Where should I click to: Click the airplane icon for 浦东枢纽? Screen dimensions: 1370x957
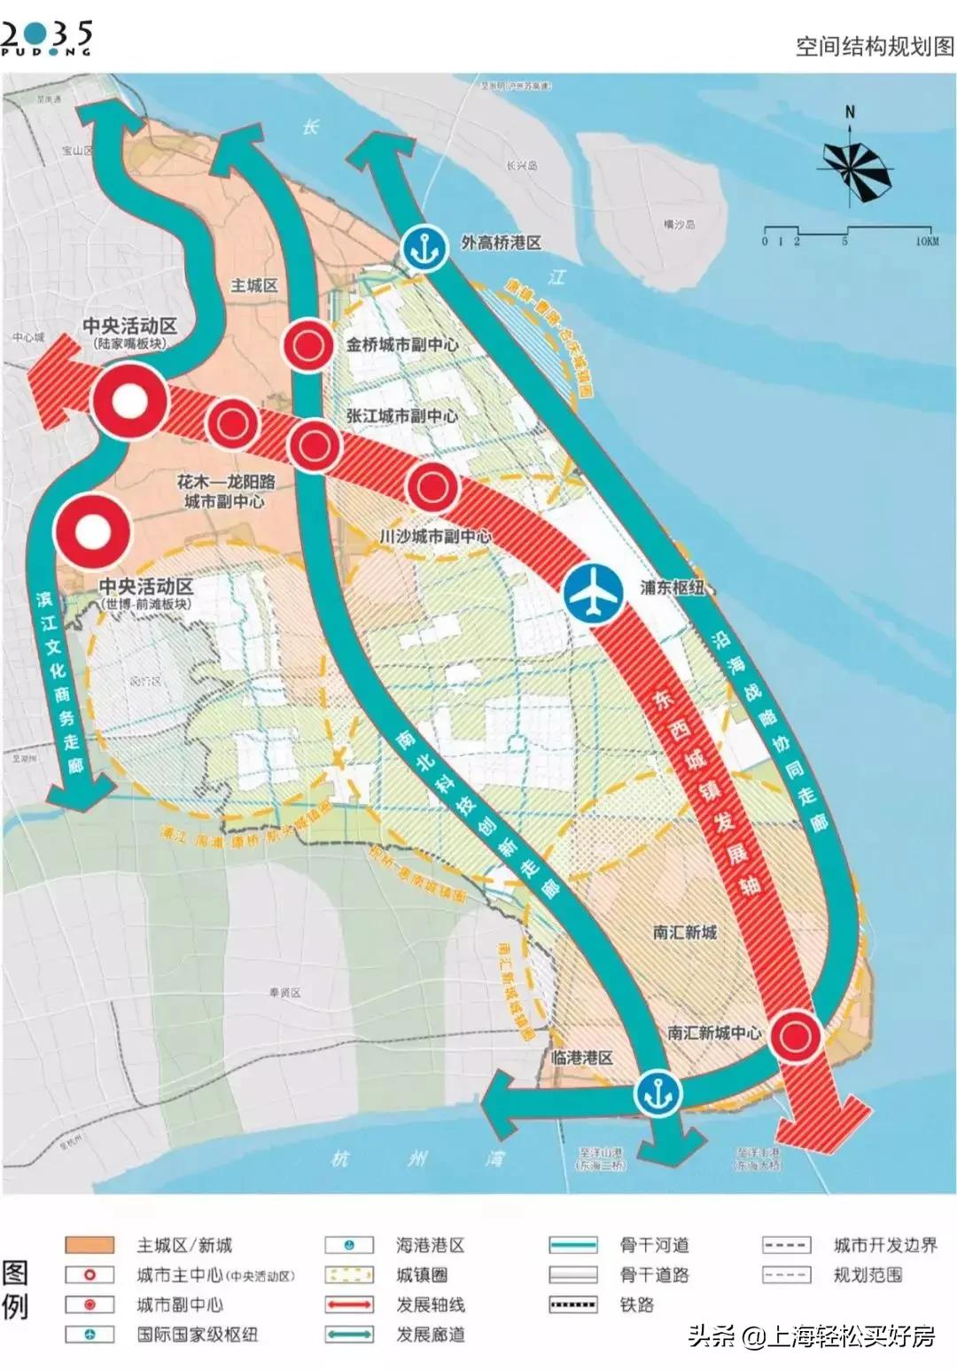[x=593, y=592]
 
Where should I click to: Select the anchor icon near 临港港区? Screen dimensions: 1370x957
[x=658, y=1094]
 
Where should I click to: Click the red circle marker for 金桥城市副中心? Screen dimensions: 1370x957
[x=307, y=345]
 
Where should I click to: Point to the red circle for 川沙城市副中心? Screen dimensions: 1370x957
[x=432, y=486]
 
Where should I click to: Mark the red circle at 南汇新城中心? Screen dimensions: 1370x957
[x=794, y=1035]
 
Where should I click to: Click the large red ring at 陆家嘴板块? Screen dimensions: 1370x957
[x=130, y=402]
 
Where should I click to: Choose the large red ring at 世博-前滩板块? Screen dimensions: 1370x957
[x=92, y=531]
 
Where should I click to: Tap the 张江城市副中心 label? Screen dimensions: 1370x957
[x=401, y=416]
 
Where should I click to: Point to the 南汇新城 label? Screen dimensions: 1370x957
[x=685, y=932]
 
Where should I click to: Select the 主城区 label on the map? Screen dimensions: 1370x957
[x=254, y=285]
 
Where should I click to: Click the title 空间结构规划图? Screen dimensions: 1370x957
[x=874, y=46]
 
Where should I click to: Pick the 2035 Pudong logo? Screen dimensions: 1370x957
[x=47, y=38]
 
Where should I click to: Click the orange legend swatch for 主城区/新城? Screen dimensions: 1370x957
[x=89, y=1245]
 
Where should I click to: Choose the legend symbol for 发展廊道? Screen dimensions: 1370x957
[x=349, y=1335]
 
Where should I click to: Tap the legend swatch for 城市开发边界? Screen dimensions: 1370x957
[x=786, y=1245]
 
